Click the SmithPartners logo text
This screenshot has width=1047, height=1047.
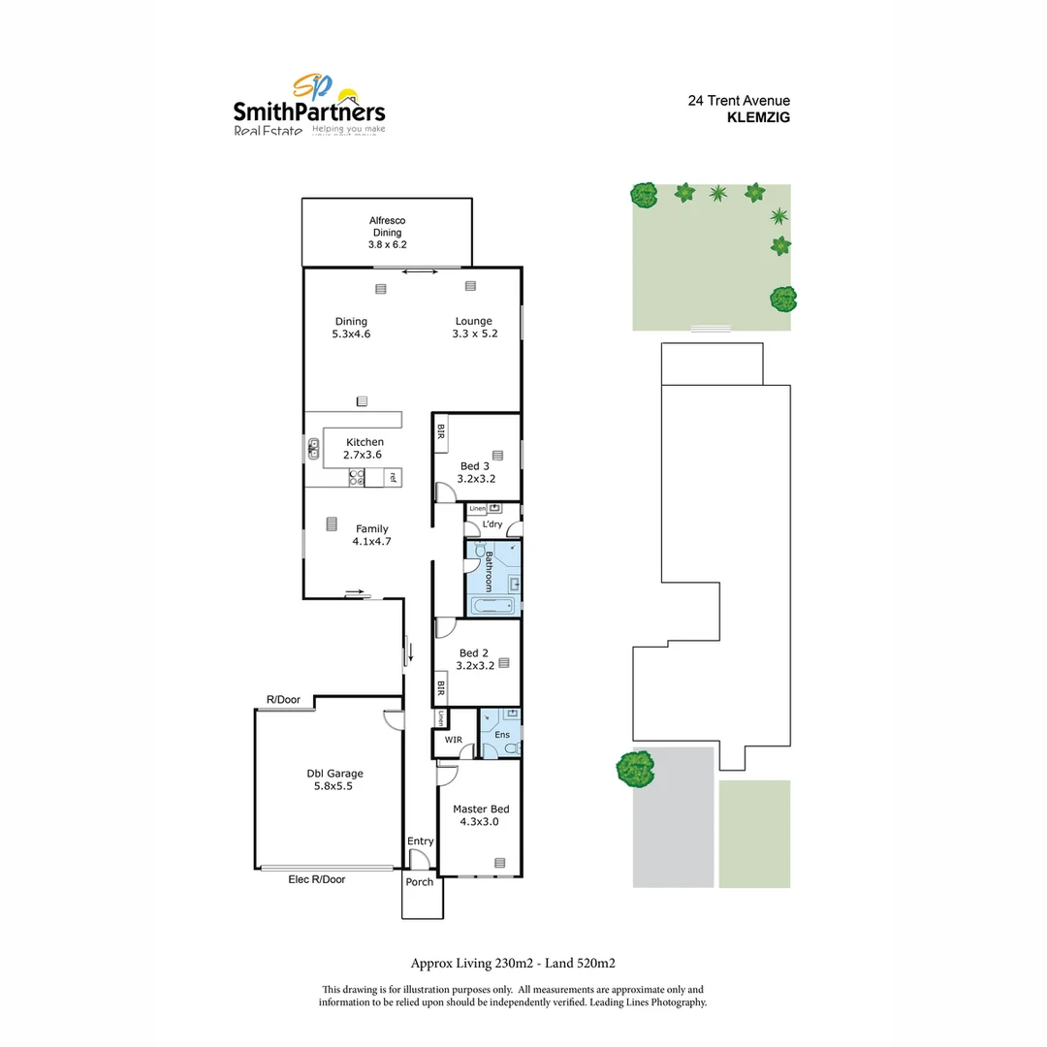click(309, 111)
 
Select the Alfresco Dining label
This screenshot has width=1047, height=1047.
click(388, 233)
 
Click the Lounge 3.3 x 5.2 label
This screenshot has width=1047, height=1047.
click(474, 328)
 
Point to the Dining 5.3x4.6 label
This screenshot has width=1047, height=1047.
click(351, 328)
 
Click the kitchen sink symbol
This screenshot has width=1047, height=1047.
click(314, 449)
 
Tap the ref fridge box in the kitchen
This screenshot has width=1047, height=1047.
click(392, 477)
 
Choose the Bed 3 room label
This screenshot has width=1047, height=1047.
click(474, 472)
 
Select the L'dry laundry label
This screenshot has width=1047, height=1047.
click(492, 524)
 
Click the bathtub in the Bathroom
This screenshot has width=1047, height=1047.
click(494, 606)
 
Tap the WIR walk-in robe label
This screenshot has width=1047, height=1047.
click(453, 740)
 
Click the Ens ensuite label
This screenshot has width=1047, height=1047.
click(502, 735)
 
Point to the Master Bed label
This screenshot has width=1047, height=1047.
click(480, 815)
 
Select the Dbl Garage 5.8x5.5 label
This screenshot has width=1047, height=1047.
click(334, 779)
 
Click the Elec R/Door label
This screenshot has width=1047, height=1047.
click(316, 879)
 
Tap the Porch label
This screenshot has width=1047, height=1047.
click(420, 882)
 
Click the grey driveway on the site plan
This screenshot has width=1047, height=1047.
click(673, 824)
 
